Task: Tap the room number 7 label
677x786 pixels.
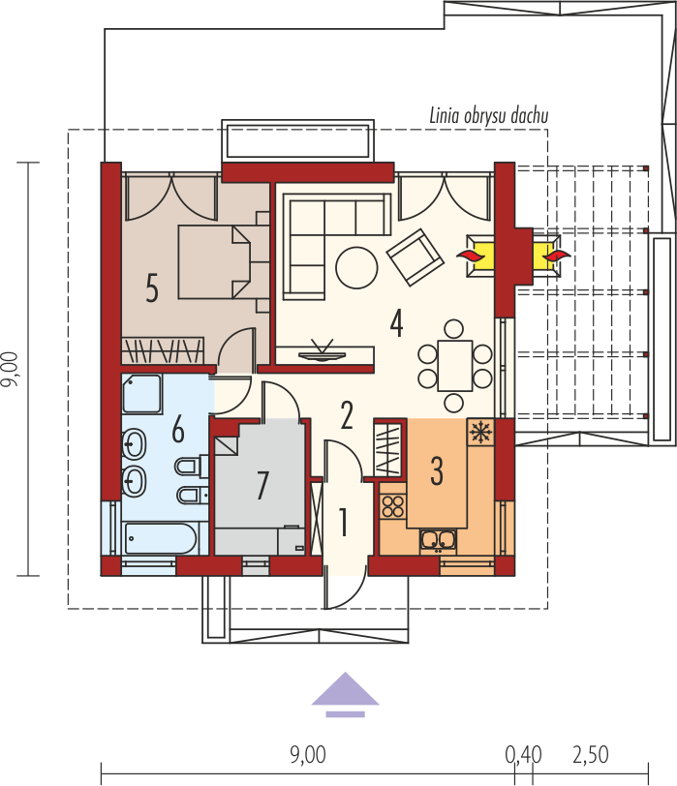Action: point(262,485)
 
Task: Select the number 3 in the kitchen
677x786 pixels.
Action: point(437,471)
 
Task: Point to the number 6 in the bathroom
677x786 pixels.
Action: point(178,430)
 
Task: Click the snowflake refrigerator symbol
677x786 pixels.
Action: point(481,432)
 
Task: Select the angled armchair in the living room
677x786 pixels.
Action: point(415,257)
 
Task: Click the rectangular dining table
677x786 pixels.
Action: point(455,366)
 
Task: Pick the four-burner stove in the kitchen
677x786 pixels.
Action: point(393,506)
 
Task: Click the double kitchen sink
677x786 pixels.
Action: point(439,540)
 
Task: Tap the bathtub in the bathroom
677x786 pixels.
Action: point(160,538)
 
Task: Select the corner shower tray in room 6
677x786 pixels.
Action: point(142,394)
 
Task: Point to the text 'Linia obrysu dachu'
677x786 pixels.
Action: point(488,116)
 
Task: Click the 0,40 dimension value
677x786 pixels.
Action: point(524,754)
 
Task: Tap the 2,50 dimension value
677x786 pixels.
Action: point(591,754)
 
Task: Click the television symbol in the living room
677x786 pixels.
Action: point(322,350)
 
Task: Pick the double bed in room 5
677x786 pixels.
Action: point(214,262)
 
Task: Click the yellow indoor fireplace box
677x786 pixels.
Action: point(480,256)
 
